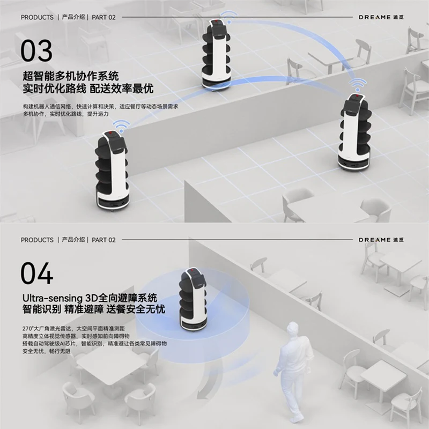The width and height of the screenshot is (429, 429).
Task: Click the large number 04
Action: click(x=36, y=273)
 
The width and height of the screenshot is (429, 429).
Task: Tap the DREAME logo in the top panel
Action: click(x=382, y=17)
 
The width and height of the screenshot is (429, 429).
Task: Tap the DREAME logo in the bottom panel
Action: click(x=382, y=240)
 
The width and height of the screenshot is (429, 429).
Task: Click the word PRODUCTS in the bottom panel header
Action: click(x=37, y=240)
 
